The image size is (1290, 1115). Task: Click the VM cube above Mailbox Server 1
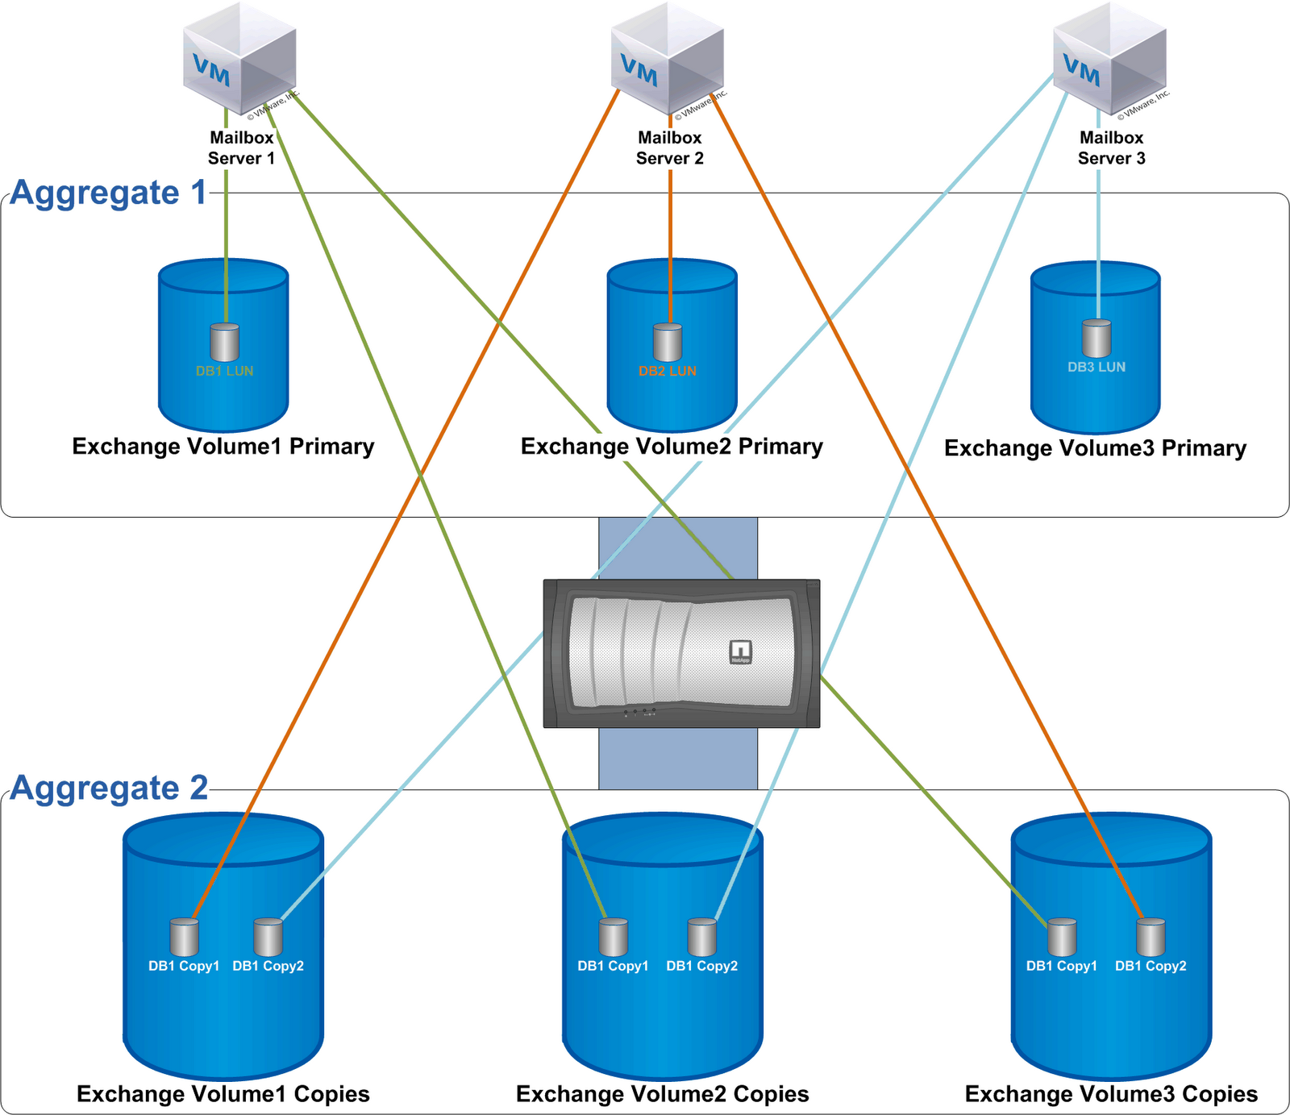coord(239,58)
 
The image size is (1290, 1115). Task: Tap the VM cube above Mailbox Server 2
coord(667,58)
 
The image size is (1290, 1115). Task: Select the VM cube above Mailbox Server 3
coord(1109,58)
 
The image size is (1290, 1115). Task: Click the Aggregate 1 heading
coord(109,193)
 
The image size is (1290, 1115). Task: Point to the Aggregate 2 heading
coord(109,788)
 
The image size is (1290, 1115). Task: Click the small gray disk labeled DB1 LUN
coord(225,343)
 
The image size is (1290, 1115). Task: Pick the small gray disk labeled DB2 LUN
coord(668,343)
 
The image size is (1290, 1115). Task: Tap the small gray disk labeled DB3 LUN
coord(1096,339)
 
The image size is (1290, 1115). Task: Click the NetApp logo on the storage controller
coord(740,651)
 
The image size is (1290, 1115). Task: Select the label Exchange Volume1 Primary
coord(223,447)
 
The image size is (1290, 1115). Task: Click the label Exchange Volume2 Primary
coord(672,447)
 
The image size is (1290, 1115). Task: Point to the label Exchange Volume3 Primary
coord(1095,448)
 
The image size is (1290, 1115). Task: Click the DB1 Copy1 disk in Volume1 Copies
coord(185,938)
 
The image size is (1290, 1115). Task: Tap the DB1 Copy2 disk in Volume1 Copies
coord(268,938)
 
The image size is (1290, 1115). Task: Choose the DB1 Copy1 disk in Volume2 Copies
coord(614,938)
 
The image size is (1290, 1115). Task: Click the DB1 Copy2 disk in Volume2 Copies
coord(702,938)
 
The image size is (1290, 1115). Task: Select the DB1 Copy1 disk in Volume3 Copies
coord(1062,938)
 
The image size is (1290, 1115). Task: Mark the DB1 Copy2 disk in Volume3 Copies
coord(1151,938)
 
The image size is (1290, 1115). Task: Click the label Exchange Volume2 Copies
coord(662,1094)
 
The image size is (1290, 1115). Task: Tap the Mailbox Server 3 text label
coord(1111,148)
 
